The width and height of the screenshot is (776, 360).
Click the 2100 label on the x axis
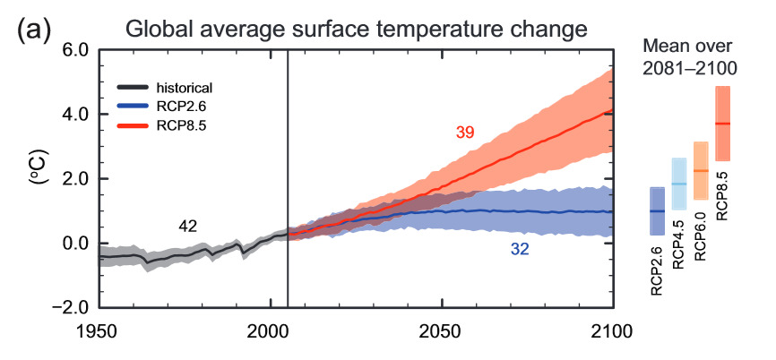point(612,330)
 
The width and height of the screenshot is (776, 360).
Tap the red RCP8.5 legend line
point(133,126)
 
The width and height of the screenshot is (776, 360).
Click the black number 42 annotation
point(187,226)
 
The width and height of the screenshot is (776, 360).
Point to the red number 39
point(465,133)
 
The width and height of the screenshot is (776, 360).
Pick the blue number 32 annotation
point(520,250)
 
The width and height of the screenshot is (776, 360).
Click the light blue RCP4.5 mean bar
point(679,184)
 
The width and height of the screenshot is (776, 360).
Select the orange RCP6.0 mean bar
point(701,171)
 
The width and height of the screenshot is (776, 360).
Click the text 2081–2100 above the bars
point(689,69)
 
